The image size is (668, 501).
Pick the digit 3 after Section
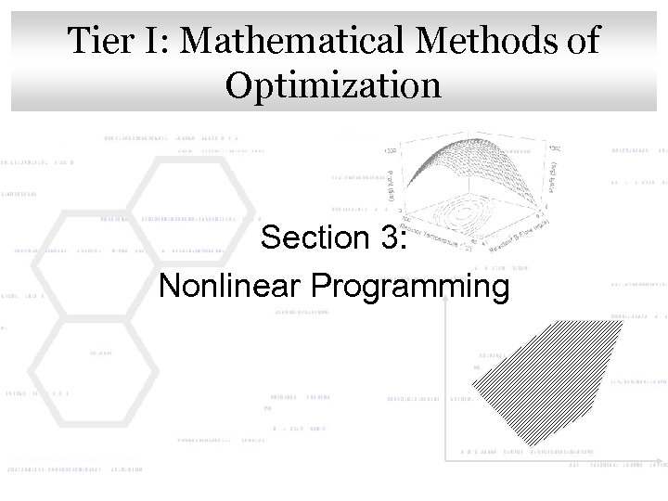386,238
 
